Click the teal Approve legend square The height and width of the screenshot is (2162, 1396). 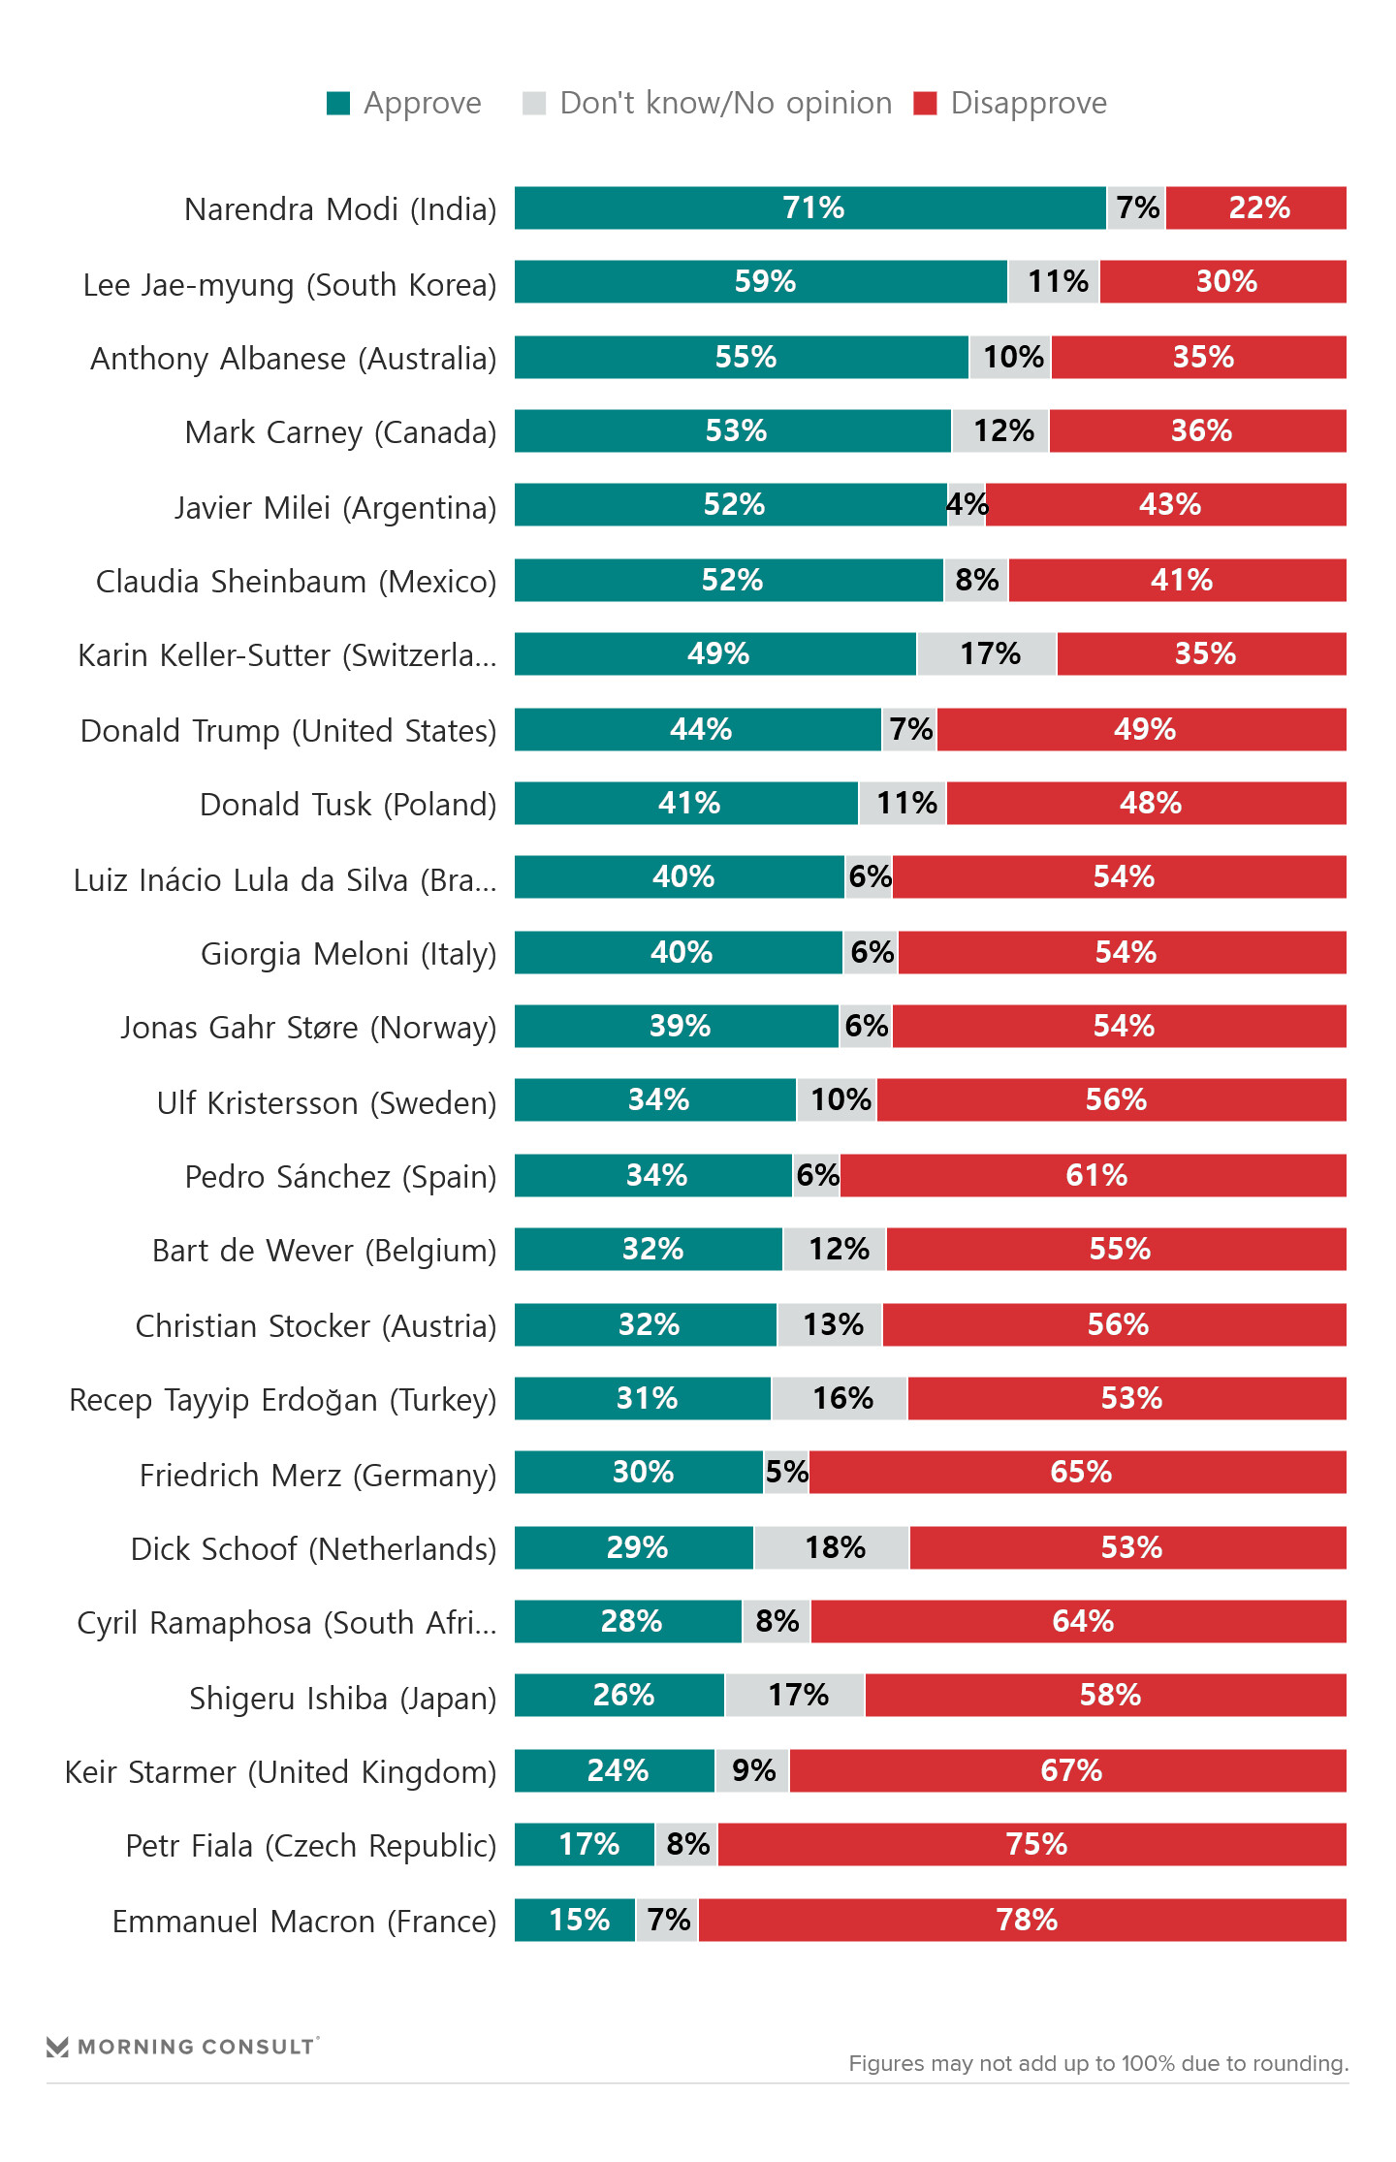(338, 104)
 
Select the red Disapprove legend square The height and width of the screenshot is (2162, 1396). (925, 104)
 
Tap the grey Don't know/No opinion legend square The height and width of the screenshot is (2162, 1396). (534, 104)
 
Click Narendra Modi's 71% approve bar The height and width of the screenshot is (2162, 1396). (809, 207)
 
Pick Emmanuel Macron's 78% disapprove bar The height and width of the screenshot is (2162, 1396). (1022, 1920)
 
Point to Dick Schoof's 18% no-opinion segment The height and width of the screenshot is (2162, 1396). (832, 1547)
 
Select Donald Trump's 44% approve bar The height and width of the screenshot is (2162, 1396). (698, 729)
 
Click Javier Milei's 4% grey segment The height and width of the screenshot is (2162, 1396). (967, 504)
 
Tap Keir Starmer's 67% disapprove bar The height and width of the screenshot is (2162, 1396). (1067, 1770)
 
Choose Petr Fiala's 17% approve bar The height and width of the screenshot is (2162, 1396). (585, 1844)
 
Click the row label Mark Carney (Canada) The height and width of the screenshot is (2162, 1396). (340, 432)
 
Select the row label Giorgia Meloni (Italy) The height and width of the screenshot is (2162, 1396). (348, 954)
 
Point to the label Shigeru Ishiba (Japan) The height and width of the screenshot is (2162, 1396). (342, 1699)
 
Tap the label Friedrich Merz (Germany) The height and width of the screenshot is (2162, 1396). (317, 1476)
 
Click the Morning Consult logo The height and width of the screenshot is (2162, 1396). (182, 2046)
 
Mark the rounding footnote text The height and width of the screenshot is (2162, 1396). (1098, 2063)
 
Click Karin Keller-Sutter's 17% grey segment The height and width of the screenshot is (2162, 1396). (987, 653)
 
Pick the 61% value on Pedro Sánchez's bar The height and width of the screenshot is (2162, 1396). (1096, 1175)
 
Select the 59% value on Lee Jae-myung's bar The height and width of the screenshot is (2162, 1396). (765, 281)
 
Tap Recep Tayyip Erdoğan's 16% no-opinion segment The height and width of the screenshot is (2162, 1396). (840, 1398)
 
